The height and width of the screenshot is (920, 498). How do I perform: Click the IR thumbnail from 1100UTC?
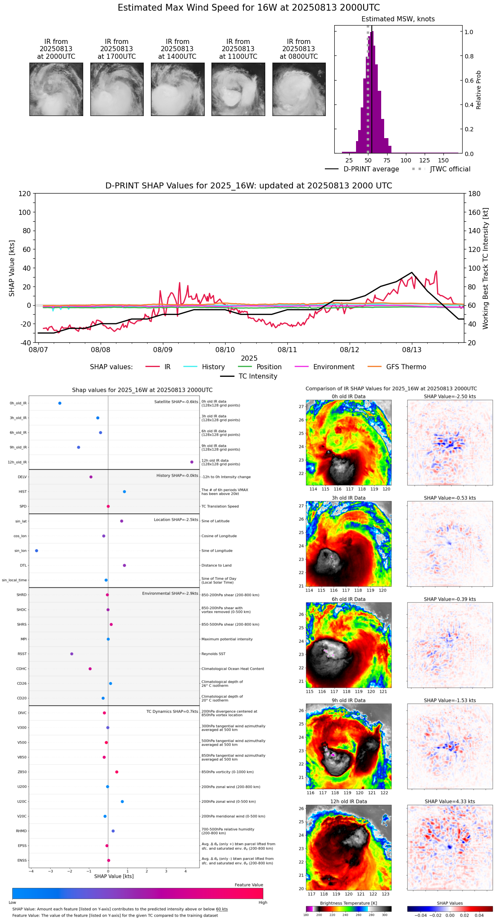[238, 89]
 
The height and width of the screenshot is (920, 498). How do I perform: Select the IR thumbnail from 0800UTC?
[299, 89]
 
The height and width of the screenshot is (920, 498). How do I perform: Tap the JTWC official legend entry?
[450, 169]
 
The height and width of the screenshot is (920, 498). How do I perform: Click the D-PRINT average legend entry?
[371, 169]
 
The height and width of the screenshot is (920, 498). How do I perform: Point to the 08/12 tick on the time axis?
[349, 350]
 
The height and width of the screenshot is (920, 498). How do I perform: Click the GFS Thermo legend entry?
[406, 367]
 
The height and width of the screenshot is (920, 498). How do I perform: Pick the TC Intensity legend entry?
[258, 376]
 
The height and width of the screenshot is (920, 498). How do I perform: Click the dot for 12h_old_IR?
[192, 462]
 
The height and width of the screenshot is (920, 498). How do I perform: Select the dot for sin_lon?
[37, 551]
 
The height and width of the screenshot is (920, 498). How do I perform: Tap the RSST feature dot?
[72, 654]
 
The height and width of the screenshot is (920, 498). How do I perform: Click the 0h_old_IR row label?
[18, 403]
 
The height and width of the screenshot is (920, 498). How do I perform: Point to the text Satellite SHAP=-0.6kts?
[176, 402]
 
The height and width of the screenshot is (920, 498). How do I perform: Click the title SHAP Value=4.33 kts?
[449, 802]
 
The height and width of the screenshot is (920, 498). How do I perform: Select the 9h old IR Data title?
[348, 700]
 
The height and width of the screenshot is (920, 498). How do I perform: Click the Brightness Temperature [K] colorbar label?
[348, 903]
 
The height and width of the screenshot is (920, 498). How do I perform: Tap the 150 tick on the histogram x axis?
[443, 160]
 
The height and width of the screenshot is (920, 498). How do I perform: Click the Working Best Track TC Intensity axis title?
[486, 269]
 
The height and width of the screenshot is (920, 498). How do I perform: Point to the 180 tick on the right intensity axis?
[475, 194]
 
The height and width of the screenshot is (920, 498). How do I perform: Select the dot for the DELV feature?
[91, 477]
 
